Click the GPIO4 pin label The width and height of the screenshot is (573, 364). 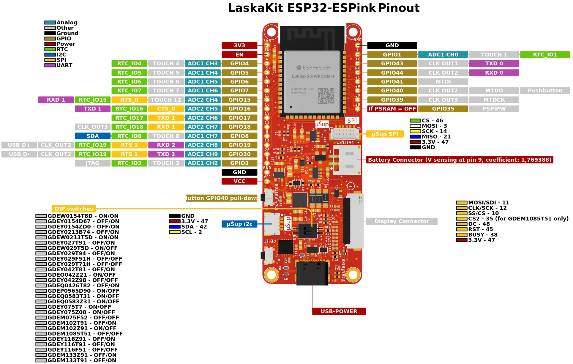click(x=239, y=64)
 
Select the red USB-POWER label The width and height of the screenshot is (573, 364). click(x=339, y=311)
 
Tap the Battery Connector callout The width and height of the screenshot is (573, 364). click(x=460, y=160)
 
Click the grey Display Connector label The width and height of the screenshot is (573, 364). click(x=402, y=221)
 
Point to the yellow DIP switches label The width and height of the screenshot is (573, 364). click(x=74, y=209)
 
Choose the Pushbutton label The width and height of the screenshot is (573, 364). click(x=545, y=91)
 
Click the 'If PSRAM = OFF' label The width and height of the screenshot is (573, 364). click(x=392, y=109)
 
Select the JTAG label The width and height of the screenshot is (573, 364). click(x=92, y=163)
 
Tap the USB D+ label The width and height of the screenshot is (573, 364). click(x=19, y=145)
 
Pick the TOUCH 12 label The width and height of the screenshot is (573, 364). click(x=166, y=100)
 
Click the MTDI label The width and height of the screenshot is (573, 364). click(x=443, y=82)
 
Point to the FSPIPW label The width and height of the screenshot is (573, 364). click(x=494, y=109)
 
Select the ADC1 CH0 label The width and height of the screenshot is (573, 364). click(x=443, y=55)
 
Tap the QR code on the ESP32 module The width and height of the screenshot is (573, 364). click(x=326, y=96)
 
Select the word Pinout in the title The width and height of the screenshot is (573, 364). click(x=399, y=8)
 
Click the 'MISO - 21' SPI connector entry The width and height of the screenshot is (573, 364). click(x=436, y=137)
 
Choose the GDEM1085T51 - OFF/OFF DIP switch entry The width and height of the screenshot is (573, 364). click(x=85, y=334)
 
